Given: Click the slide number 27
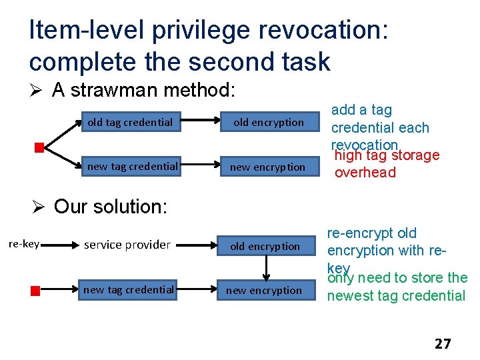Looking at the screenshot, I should pyautogui.click(x=442, y=344).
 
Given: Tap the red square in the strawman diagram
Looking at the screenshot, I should pyautogui.click(x=39, y=147).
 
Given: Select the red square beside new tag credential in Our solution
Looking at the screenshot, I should pyautogui.click(x=35, y=290).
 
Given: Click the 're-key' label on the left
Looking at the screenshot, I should pyautogui.click(x=23, y=244).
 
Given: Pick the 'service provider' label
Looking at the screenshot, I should pyautogui.click(x=127, y=245).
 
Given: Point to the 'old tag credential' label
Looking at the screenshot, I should pyautogui.click(x=130, y=122).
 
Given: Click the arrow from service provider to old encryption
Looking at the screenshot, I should pyautogui.click(x=198, y=245).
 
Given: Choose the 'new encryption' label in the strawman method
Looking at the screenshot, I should pyautogui.click(x=267, y=167).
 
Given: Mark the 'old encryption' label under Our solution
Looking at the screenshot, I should pyautogui.click(x=265, y=246).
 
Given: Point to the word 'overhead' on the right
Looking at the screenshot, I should pyautogui.click(x=365, y=173).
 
